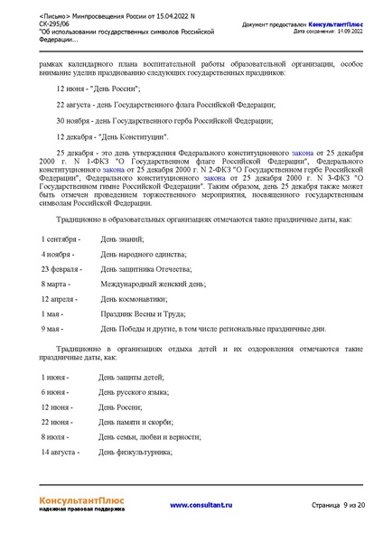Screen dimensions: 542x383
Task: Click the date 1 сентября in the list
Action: click(61, 238)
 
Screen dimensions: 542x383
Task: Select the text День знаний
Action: click(122, 238)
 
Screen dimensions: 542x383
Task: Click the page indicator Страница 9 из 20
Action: click(338, 505)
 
